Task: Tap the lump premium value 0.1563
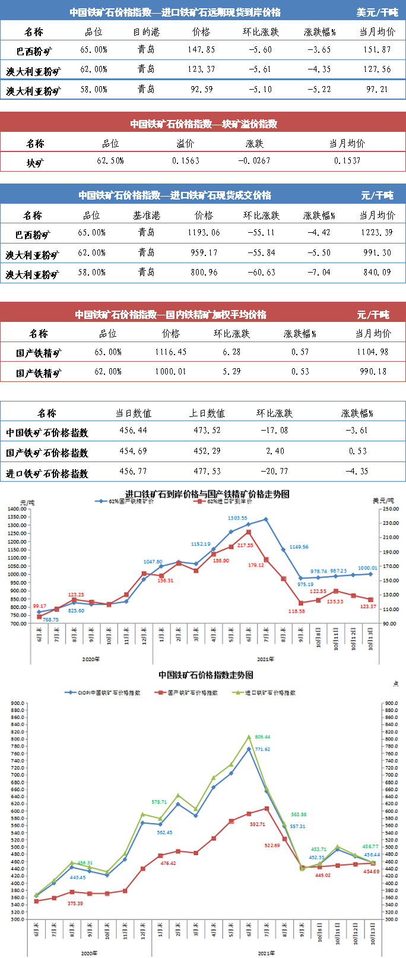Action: tap(186, 161)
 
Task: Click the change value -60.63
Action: tap(261, 273)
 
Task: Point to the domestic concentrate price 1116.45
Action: tap(171, 352)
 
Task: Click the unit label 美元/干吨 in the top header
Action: tap(378, 12)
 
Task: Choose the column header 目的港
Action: tap(146, 32)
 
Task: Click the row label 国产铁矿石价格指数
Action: tap(47, 453)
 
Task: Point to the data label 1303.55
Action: tap(237, 518)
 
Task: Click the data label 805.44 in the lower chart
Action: tap(262, 737)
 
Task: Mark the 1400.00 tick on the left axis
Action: tap(17, 509)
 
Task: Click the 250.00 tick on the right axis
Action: tap(390, 509)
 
